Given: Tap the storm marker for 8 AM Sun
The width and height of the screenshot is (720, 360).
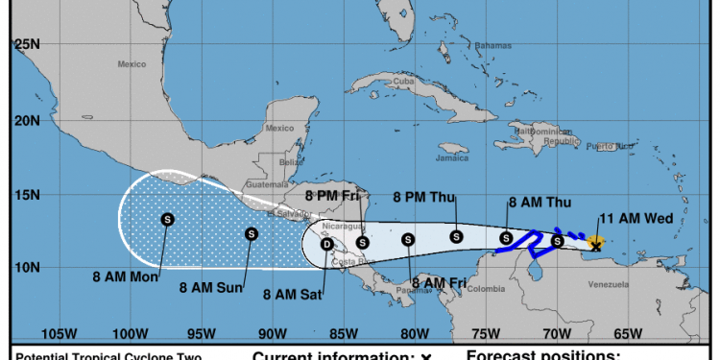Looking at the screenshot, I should [x=251, y=233].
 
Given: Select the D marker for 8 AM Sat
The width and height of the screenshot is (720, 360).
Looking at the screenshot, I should [x=326, y=244].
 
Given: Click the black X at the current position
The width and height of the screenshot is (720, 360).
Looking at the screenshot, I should [x=596, y=247].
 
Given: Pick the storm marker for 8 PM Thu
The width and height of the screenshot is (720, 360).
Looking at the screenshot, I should [x=456, y=236].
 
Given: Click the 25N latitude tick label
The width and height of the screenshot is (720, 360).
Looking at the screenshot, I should [x=26, y=44].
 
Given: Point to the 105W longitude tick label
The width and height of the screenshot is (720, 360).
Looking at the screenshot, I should [x=60, y=333].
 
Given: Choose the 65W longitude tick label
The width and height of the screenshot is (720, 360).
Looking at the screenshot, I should [x=628, y=333].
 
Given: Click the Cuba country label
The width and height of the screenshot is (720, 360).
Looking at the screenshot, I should [x=403, y=80].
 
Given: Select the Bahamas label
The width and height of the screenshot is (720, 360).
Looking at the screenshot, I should [x=493, y=45].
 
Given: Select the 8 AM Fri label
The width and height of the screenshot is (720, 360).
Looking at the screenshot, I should [x=439, y=281].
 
